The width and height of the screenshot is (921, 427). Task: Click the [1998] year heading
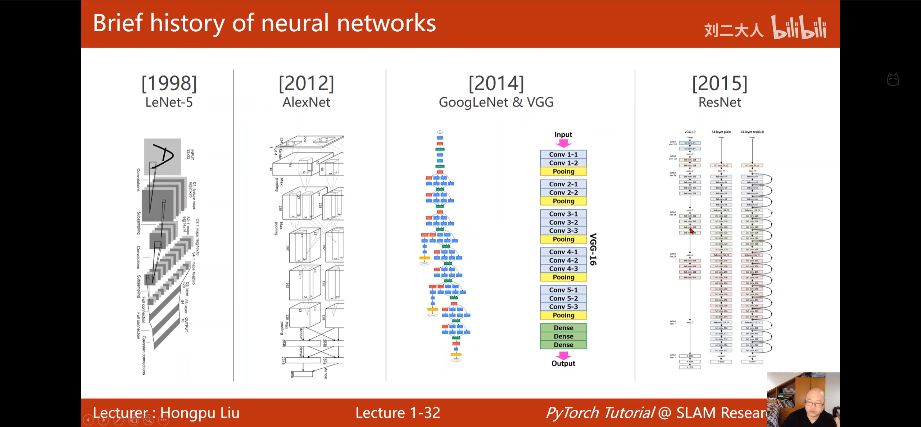pos(169,83)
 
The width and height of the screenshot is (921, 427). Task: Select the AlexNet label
pos(306,103)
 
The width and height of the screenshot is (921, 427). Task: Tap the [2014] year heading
pos(496,83)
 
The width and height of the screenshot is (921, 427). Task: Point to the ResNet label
pos(720,103)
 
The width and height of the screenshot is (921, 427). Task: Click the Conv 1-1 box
pos(563,154)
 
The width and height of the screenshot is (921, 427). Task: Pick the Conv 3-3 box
pos(563,231)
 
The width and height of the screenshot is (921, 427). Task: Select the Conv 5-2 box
pos(563,298)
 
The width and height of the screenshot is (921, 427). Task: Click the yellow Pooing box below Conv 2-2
pos(563,201)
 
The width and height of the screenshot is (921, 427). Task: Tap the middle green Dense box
pos(563,336)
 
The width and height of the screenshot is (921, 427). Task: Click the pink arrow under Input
pos(563,144)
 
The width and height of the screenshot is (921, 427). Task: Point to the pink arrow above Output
pos(563,355)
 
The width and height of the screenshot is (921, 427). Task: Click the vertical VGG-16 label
pos(593,249)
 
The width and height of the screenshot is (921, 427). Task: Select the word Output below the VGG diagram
pos(563,363)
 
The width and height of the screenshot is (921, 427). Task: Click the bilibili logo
pos(799,27)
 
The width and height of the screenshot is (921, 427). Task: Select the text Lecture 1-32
pos(398,413)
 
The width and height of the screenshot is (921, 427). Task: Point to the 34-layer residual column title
pos(752,132)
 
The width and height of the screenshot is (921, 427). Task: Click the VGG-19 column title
pos(690,132)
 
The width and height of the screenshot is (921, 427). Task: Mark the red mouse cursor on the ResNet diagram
pos(691,231)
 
